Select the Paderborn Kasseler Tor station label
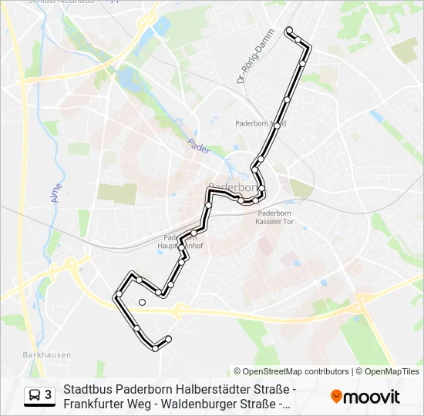[x=274, y=216]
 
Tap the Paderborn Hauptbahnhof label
[x=183, y=242]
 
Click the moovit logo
[x=365, y=397]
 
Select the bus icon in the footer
[x=35, y=396]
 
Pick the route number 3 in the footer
[x=49, y=395]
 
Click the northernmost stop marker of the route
[x=289, y=30]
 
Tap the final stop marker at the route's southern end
[x=168, y=338]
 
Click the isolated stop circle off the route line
[x=142, y=302]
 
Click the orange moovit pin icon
[x=336, y=397]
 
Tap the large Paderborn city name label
[x=231, y=187]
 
